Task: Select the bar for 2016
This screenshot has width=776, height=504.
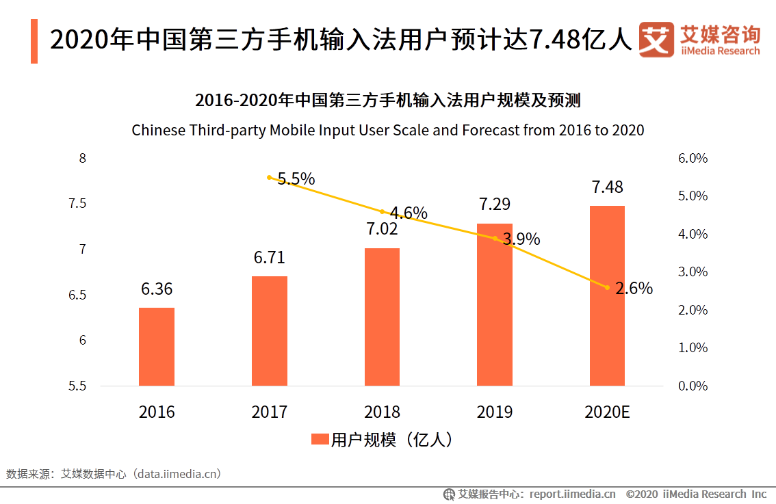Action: (157, 347)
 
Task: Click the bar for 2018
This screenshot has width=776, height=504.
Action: (382, 317)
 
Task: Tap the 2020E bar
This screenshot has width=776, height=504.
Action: (607, 295)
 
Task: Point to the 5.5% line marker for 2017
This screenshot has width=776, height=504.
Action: (270, 177)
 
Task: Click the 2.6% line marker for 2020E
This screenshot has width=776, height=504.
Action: (607, 287)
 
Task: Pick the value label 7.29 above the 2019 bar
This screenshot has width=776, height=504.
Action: (495, 204)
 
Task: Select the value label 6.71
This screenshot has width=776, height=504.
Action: (269, 258)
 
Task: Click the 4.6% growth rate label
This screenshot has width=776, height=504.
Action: (409, 213)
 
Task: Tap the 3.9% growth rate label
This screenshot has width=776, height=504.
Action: (521, 239)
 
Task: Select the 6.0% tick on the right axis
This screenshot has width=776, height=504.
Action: (693, 159)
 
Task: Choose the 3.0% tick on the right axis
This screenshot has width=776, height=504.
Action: (693, 272)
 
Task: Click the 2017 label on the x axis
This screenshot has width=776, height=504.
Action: (270, 412)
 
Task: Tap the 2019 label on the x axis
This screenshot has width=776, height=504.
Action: (495, 412)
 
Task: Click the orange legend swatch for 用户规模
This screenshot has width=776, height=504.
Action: (320, 440)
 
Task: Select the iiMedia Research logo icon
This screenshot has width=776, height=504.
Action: (657, 40)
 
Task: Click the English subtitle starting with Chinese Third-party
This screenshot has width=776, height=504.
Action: (388, 130)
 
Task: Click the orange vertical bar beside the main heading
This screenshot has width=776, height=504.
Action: (34, 41)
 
